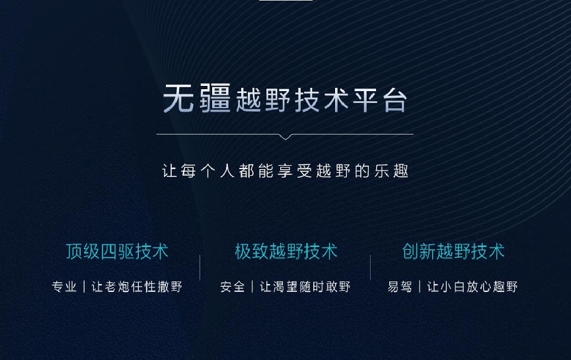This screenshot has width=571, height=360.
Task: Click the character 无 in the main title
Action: point(178,98)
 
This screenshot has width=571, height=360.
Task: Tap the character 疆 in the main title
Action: point(215,97)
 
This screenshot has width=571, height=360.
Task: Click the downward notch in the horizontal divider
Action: point(285,137)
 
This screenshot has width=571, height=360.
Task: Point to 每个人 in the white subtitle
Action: point(208,170)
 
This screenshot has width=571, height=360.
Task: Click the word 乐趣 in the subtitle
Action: point(391,170)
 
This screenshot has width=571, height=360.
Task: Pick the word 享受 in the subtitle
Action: point(295,170)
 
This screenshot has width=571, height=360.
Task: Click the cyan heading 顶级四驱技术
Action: point(117,252)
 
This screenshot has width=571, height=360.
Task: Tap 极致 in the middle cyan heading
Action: point(252,252)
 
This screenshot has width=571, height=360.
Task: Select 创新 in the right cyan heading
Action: point(419,252)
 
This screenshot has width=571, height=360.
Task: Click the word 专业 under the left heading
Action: point(65,287)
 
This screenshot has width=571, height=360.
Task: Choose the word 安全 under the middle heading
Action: point(233,287)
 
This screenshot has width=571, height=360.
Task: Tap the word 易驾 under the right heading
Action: point(400,287)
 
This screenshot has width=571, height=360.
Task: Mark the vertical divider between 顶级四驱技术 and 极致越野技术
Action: point(200,268)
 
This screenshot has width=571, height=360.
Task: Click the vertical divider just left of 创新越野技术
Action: point(370,268)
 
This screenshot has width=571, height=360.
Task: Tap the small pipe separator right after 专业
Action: point(84,287)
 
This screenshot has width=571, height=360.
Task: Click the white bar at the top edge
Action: point(286,1)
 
